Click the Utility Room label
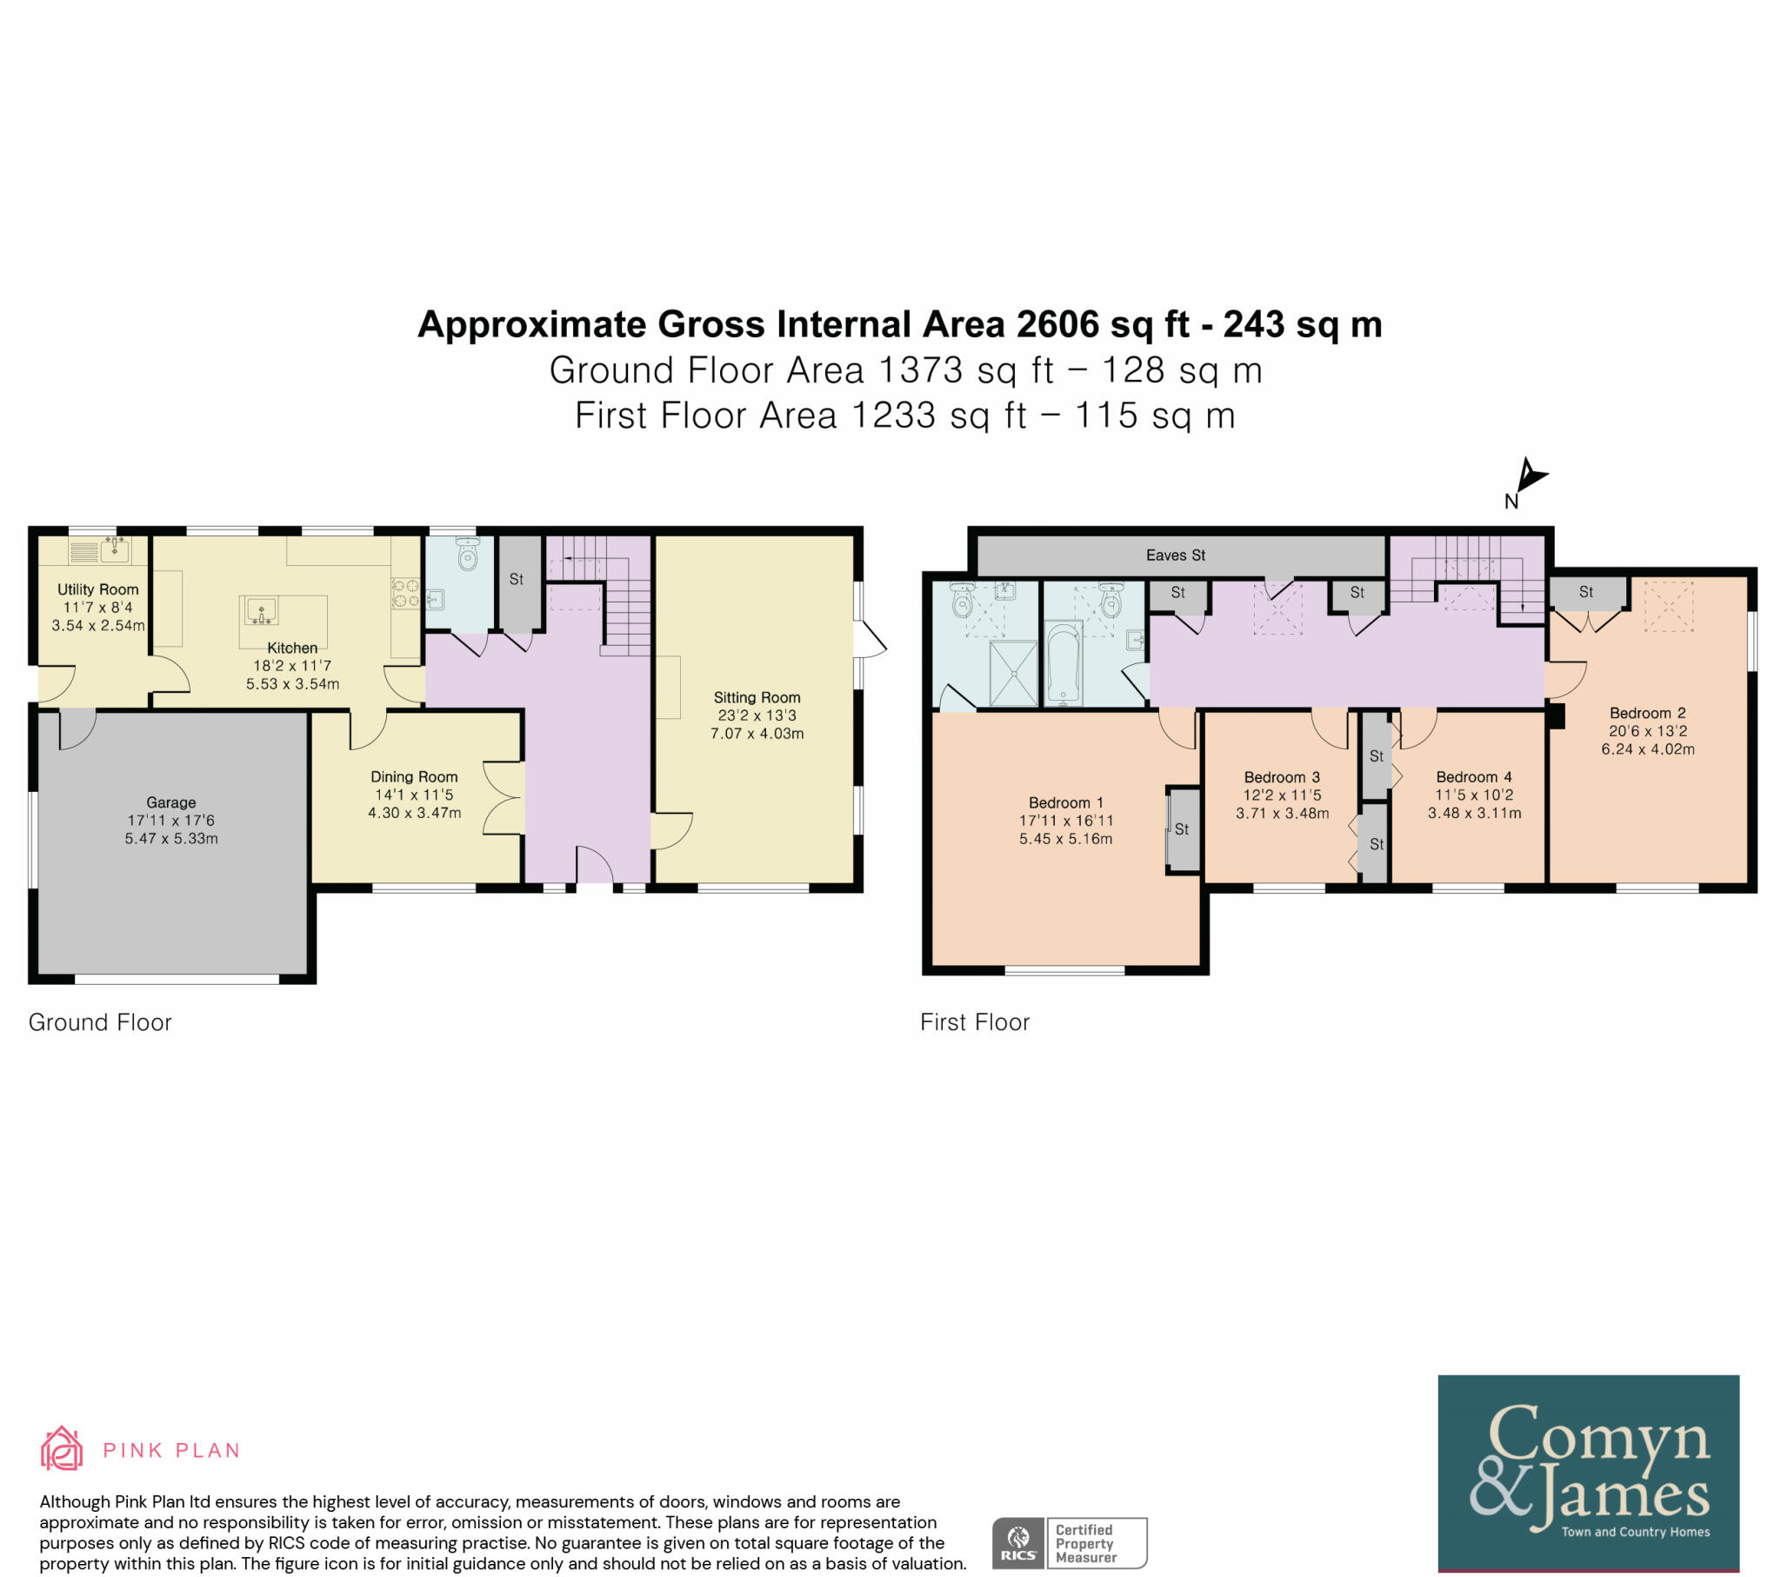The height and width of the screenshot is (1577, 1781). (97, 589)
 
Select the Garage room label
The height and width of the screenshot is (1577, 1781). (170, 802)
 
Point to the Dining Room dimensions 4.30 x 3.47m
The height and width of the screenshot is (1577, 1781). (414, 813)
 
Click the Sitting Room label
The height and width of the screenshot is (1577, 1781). (757, 697)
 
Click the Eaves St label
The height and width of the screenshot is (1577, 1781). (1175, 555)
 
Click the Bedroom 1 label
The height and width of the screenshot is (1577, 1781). (1065, 802)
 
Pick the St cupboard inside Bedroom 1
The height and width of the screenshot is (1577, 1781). (1183, 829)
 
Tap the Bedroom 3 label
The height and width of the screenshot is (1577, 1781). (1281, 777)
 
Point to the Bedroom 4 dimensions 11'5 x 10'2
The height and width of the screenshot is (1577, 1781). (1473, 795)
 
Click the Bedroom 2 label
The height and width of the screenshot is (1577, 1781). (1647, 713)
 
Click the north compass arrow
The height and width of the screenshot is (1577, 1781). (1529, 476)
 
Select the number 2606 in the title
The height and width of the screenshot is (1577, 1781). (1057, 325)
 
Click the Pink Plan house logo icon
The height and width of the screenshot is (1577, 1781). (62, 1449)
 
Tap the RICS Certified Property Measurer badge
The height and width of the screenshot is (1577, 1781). (1069, 1543)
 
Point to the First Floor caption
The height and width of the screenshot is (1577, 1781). (974, 1022)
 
